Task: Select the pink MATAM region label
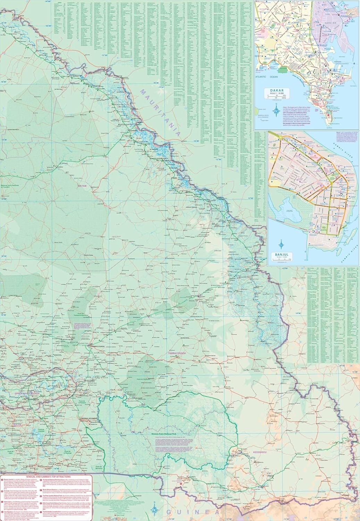[x=82, y=187]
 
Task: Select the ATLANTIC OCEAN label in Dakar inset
[x=265, y=76]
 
